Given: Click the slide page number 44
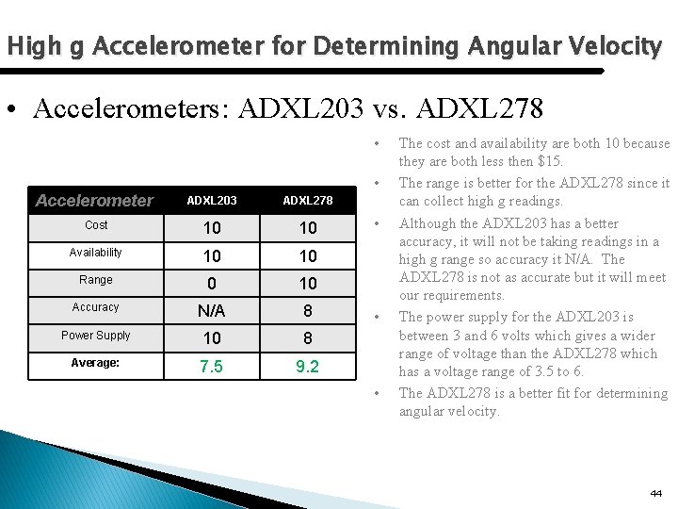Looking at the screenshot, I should tap(655, 493).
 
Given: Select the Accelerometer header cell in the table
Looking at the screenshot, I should tap(93, 200).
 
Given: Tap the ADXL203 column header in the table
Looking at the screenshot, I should tap(211, 200).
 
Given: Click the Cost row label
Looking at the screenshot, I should tap(96, 225).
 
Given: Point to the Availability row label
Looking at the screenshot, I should tap(96, 253).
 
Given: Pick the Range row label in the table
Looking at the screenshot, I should tap(96, 280).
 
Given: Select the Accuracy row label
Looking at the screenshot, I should tap(96, 307).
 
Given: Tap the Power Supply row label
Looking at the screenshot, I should tap(96, 335).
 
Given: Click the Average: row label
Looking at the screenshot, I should tap(96, 362).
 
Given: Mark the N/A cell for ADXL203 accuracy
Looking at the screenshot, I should tap(211, 309).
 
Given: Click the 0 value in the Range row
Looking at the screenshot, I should tap(211, 283).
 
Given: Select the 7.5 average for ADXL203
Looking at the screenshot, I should tap(211, 364).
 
